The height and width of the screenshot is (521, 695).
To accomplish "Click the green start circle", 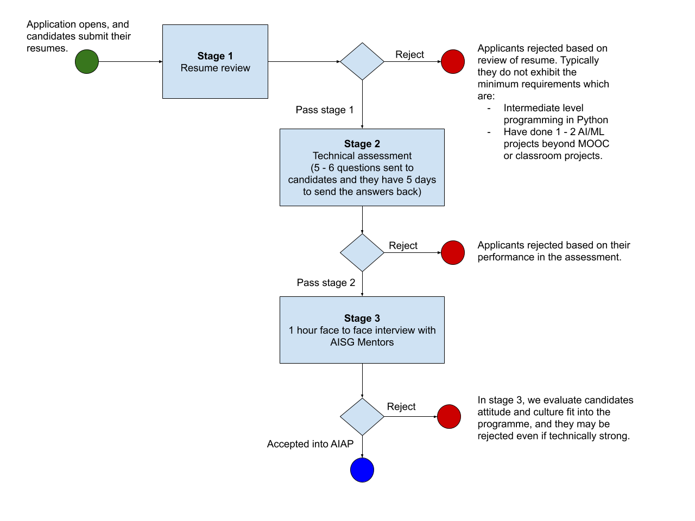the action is pyautogui.click(x=87, y=62).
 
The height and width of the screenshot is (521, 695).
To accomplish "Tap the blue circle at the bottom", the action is pyautogui.click(x=362, y=470).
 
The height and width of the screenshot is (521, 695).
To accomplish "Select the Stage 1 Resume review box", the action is pyautogui.click(x=215, y=62).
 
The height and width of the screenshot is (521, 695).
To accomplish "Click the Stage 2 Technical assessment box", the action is pyautogui.click(x=362, y=167).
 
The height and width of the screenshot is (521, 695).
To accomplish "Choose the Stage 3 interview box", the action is pyautogui.click(x=362, y=330).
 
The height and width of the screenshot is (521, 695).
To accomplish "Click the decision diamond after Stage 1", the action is pyautogui.click(x=362, y=61).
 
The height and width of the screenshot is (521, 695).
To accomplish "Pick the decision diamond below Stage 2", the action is pyautogui.click(x=362, y=252).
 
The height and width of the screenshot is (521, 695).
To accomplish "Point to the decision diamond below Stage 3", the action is pyautogui.click(x=362, y=417).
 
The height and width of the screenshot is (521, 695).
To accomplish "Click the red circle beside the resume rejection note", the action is pyautogui.click(x=453, y=62).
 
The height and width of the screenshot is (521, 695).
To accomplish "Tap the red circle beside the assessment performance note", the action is pyautogui.click(x=453, y=252).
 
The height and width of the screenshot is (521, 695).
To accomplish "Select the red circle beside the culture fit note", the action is pyautogui.click(x=449, y=417).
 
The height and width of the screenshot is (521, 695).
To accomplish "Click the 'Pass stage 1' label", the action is pyautogui.click(x=325, y=110).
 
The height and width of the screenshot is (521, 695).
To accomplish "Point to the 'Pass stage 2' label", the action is pyautogui.click(x=326, y=283).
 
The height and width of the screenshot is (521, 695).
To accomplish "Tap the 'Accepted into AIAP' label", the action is pyautogui.click(x=310, y=444).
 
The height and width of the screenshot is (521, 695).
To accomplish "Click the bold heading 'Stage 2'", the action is pyautogui.click(x=362, y=144).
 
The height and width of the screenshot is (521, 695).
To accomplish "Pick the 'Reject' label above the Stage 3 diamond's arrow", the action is pyautogui.click(x=401, y=406).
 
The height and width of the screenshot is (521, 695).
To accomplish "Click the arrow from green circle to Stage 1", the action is pyautogui.click(x=130, y=62).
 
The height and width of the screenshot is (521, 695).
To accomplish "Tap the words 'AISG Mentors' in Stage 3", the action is pyautogui.click(x=362, y=342).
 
